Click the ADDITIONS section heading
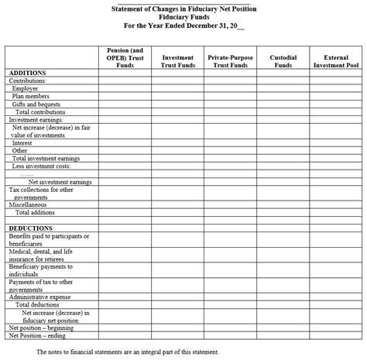pos(27,73)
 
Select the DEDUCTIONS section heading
pos(30,228)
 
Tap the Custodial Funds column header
pos(283,61)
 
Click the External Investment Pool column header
pos(336,61)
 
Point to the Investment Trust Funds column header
pos(177,61)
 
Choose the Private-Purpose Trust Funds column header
pos(230,61)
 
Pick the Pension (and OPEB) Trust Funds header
pos(125,57)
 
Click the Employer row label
pos(26,88)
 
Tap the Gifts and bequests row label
pos(36,104)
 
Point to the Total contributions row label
pos(42,112)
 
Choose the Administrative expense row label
pos(39,297)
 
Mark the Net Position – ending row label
pos(37,335)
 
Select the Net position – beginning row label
pos(41,327)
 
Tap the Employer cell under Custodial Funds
pos(283,88)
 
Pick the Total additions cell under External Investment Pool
pos(336,212)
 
